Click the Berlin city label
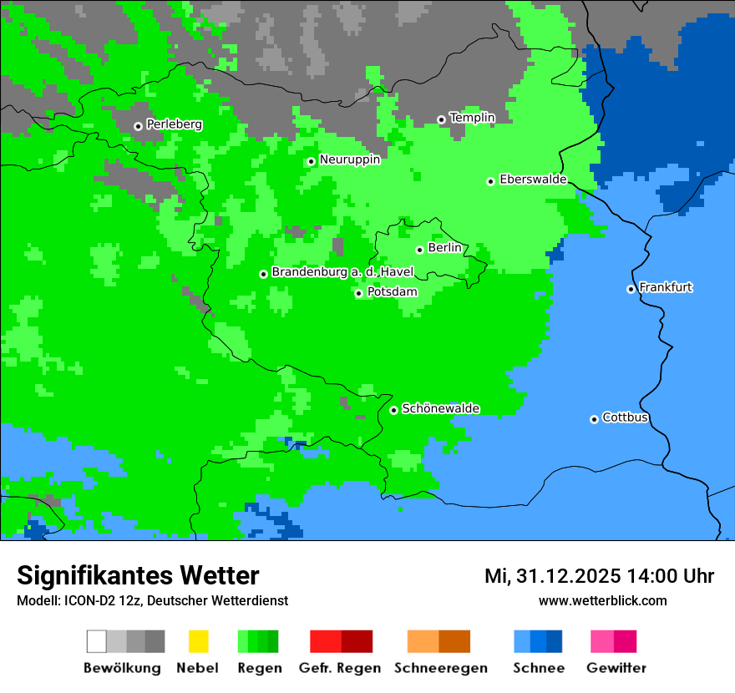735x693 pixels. (x=444, y=248)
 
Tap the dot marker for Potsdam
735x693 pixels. (x=358, y=293)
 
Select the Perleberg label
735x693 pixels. (x=174, y=124)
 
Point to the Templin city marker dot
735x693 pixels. (x=441, y=119)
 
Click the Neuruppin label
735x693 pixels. (x=349, y=159)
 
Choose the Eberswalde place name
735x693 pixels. (x=533, y=180)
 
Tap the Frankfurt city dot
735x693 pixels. (x=631, y=289)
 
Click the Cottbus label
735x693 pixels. (x=625, y=417)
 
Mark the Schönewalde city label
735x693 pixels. (x=440, y=408)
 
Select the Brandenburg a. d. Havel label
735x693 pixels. (x=342, y=272)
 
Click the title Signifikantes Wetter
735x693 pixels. (x=138, y=575)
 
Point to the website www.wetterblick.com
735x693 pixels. (x=602, y=600)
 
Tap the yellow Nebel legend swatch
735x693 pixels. (x=198, y=641)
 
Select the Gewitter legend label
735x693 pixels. (x=616, y=668)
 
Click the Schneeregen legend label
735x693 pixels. (x=440, y=668)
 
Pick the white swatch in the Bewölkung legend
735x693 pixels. (x=97, y=641)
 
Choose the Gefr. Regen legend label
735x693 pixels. (x=339, y=668)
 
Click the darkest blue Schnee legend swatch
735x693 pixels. (x=555, y=641)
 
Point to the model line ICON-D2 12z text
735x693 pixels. (x=109, y=600)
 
